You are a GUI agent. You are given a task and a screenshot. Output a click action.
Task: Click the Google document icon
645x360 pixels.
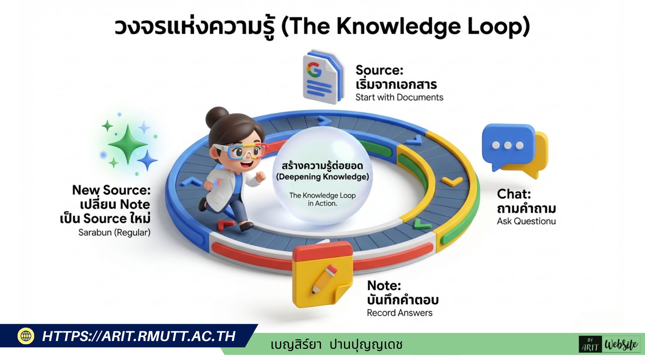322,77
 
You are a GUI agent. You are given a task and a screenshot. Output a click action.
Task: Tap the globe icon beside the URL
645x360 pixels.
26,336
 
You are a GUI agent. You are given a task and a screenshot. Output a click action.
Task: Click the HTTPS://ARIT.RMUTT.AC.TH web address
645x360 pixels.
139,336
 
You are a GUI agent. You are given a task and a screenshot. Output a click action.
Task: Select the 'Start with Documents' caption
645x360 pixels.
399,97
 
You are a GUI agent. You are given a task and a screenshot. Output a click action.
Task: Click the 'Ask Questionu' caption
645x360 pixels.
526,221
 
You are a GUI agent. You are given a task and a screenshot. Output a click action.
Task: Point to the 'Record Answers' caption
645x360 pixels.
400,313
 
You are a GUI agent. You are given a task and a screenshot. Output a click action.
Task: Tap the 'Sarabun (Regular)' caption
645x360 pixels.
114,232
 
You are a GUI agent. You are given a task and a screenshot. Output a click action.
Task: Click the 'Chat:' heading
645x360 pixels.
514,194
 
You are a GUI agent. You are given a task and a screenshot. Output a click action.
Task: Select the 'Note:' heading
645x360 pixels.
384,285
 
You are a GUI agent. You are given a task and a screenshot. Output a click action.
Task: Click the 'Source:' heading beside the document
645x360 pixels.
379,70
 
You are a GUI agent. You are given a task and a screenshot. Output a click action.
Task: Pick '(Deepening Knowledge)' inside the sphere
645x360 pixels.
322,177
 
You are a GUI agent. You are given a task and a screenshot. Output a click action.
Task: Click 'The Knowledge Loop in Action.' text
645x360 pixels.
322,199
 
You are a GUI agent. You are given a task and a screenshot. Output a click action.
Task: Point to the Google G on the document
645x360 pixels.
314,70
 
